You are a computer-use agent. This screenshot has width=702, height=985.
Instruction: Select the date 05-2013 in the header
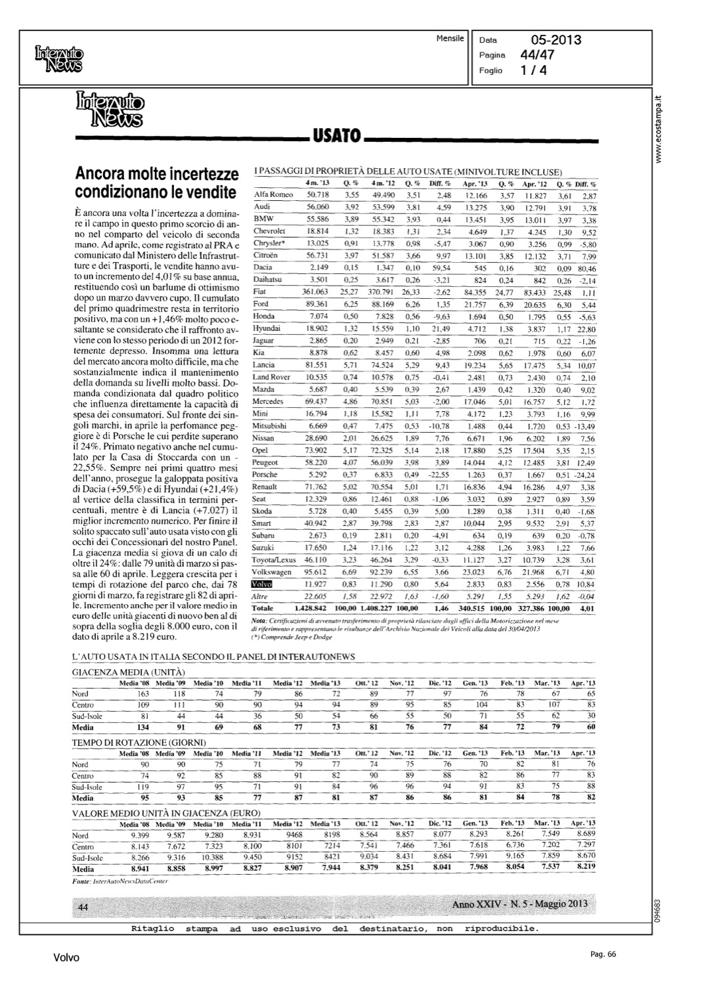click(555, 40)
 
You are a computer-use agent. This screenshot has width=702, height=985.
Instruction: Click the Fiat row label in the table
click(261, 292)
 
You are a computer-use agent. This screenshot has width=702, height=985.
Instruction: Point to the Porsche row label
click(265, 474)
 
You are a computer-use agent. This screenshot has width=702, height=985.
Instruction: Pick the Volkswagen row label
click(271, 572)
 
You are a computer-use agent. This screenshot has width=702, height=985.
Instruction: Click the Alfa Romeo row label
click(273, 194)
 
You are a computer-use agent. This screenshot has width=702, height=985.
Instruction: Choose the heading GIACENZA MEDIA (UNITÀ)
click(128, 673)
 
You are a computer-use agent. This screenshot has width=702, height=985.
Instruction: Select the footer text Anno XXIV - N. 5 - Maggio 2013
click(519, 905)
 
